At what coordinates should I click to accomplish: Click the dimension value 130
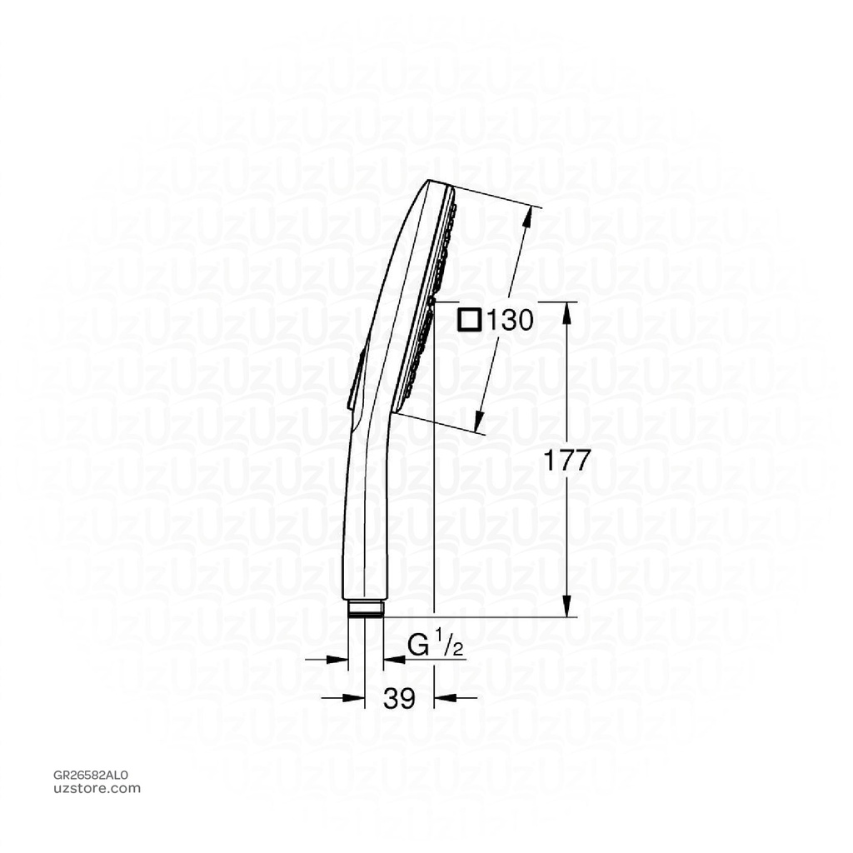point(508,320)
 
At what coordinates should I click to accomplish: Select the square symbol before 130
point(470,320)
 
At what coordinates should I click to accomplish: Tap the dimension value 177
point(566,461)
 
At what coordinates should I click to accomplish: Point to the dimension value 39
point(400,698)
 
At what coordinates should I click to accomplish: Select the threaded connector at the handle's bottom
point(365,609)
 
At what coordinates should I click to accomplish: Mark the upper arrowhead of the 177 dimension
point(566,310)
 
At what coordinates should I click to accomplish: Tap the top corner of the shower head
point(431,182)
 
